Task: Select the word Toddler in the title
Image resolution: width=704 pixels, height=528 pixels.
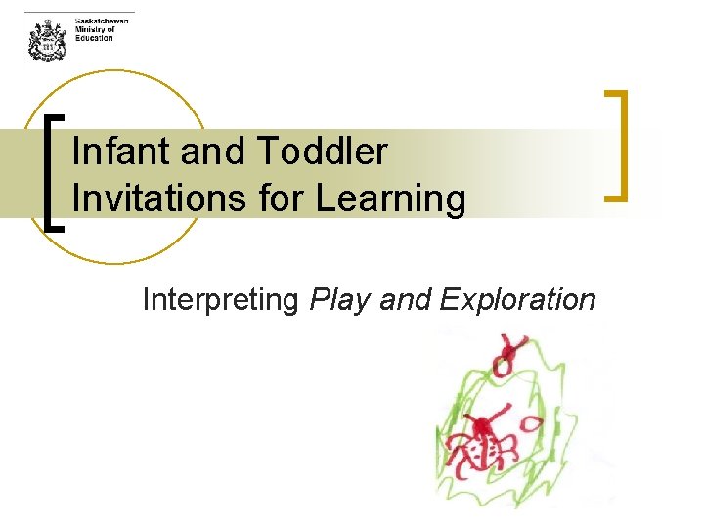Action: coord(323,153)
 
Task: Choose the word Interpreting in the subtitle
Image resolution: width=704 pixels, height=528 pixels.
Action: coord(220,299)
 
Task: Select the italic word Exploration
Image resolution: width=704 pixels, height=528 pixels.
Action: coord(517,299)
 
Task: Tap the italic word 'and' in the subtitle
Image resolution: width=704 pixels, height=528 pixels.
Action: coord(404,299)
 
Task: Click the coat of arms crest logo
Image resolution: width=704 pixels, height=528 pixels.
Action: coord(46,40)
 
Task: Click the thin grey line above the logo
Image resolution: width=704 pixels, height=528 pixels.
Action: coord(78,12)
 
